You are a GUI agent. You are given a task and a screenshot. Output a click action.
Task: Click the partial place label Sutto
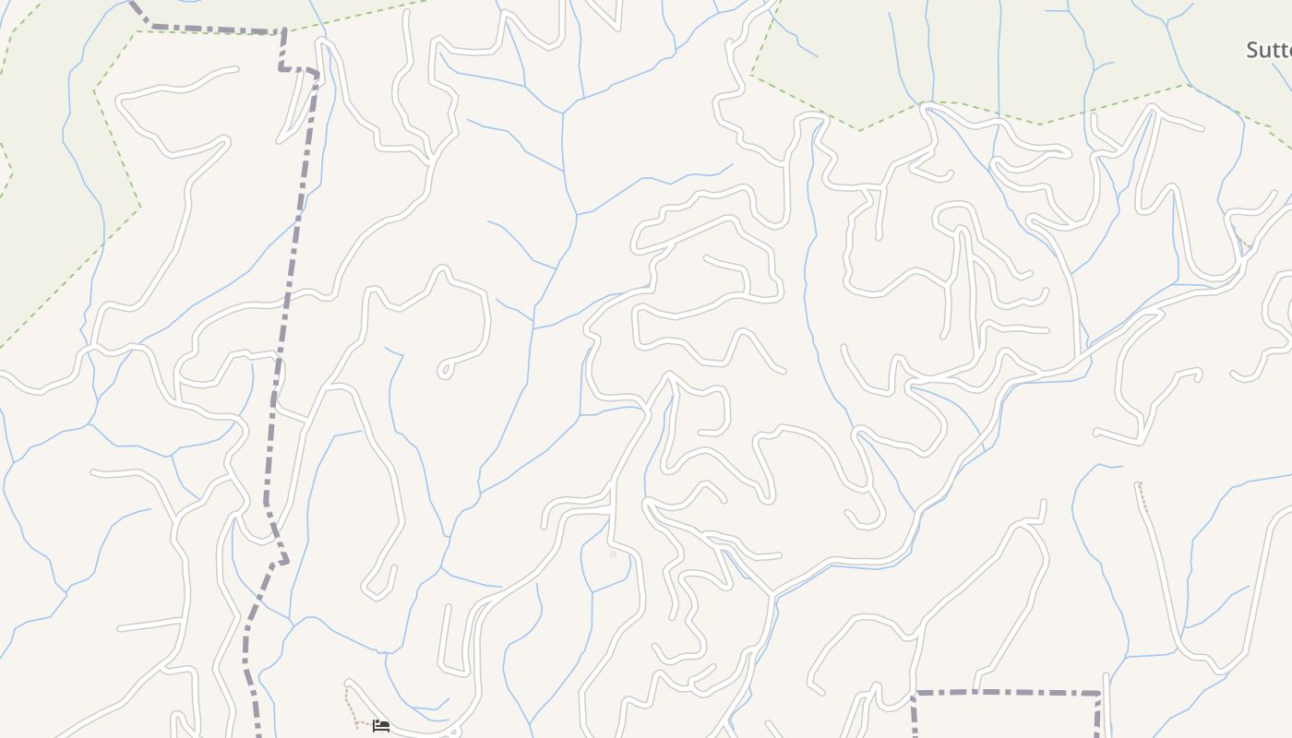point(1270,50)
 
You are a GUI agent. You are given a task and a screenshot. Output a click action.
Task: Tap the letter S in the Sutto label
point(1252,50)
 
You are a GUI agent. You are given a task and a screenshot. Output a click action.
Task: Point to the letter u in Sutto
point(1266,51)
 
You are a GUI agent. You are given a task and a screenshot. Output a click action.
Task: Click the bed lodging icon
point(381,726)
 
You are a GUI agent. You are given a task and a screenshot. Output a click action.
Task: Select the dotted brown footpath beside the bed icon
point(351,706)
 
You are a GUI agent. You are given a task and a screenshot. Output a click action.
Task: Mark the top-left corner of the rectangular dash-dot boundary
point(915,692)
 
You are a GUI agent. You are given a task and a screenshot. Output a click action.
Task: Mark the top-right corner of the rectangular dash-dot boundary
point(1100,693)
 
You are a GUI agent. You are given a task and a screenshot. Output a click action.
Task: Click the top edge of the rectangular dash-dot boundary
point(1006,692)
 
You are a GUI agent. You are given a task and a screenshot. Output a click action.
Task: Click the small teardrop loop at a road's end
point(445,370)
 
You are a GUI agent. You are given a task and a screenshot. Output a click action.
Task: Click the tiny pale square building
point(613,554)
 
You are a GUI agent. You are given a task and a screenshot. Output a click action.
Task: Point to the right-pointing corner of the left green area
point(140,208)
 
